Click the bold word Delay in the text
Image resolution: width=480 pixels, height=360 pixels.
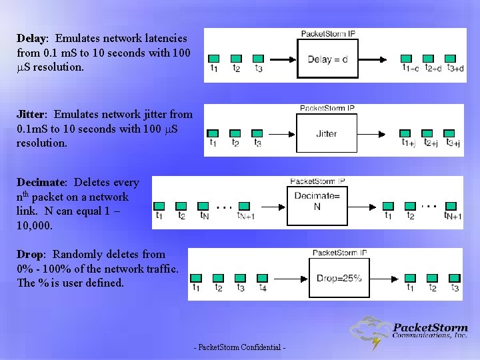(x=30, y=39)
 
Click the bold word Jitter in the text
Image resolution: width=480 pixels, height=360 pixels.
(x=32, y=114)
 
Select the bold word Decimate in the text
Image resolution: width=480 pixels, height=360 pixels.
(x=41, y=182)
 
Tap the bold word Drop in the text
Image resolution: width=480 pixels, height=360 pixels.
(x=31, y=254)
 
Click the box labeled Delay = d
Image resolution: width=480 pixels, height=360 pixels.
(x=327, y=59)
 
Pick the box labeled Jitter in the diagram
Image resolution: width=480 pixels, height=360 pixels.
(x=326, y=133)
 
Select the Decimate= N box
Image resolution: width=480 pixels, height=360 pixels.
(x=317, y=202)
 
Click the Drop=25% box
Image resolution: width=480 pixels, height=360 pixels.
(x=339, y=277)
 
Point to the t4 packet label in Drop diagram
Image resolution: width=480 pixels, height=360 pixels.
(x=263, y=288)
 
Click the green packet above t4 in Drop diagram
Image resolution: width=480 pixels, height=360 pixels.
(x=263, y=277)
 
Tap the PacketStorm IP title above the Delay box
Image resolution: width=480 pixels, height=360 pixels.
(x=328, y=33)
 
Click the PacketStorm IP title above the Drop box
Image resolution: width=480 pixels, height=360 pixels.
(x=339, y=253)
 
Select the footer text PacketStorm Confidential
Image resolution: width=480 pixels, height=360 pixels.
(x=239, y=347)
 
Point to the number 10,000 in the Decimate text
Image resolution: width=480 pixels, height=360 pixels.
(x=35, y=226)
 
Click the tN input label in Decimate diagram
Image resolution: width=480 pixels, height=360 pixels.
(x=205, y=215)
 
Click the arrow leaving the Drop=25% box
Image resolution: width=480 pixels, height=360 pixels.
(x=386, y=277)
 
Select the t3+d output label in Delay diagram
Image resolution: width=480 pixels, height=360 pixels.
(x=455, y=68)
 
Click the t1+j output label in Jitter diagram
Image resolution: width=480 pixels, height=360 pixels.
(x=409, y=142)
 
